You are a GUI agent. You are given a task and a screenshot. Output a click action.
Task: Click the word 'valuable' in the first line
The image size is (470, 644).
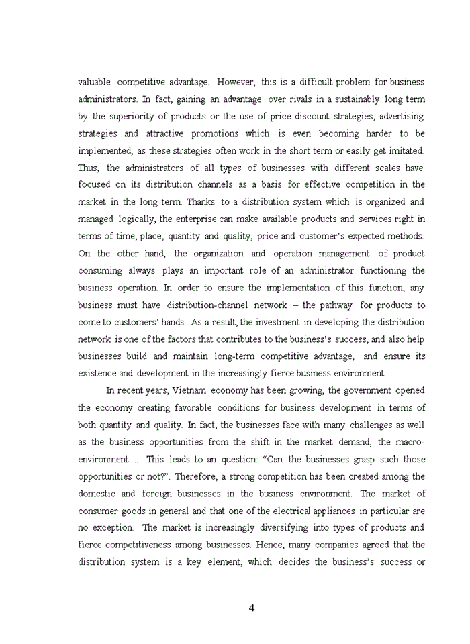(x=95, y=82)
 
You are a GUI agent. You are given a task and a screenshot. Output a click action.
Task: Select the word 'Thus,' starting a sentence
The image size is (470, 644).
(x=89, y=168)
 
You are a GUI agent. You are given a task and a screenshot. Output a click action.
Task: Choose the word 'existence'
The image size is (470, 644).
(x=98, y=373)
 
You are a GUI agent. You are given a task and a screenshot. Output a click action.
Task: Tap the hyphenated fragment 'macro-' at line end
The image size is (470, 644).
(x=410, y=441)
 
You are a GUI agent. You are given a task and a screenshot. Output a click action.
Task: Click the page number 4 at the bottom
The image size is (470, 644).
(x=251, y=608)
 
